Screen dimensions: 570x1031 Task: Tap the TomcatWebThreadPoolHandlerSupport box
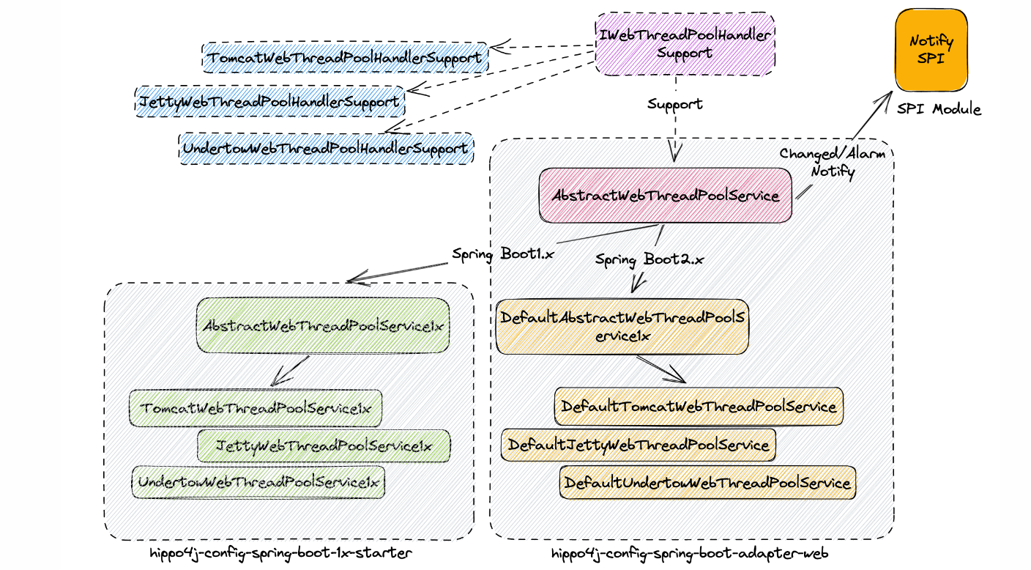[345, 57]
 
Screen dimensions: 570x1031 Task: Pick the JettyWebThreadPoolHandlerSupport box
[269, 101]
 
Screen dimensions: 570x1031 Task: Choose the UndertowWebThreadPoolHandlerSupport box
[326, 148]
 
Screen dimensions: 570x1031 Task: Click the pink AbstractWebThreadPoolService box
[665, 196]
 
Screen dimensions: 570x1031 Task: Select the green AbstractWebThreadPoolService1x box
[323, 325]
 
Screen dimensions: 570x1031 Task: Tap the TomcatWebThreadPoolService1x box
[256, 408]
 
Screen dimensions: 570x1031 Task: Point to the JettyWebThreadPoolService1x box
[323, 445]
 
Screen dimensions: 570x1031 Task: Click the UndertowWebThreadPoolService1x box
[258, 482]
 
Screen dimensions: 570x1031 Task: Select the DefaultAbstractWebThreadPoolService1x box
[622, 325]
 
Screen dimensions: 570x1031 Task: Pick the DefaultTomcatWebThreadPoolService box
[698, 406]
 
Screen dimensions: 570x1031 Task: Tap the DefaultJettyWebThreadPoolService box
[638, 445]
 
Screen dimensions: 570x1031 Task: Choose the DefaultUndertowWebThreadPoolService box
[707, 483]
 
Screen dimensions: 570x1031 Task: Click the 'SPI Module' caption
[939, 109]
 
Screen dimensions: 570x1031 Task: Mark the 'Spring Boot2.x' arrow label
[649, 259]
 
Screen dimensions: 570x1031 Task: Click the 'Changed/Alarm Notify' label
[832, 163]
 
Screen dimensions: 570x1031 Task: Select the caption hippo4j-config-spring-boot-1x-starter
[280, 553]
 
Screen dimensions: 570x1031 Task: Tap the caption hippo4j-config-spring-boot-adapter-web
[690, 554]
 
